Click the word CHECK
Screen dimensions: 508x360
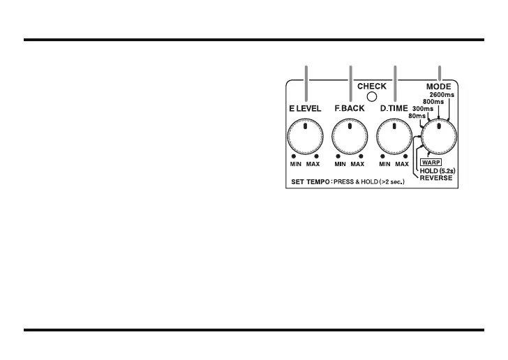pyautogui.click(x=372, y=87)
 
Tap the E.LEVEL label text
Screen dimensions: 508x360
pyautogui.click(x=305, y=109)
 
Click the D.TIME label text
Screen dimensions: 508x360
pyautogui.click(x=394, y=109)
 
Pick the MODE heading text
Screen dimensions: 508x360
pyautogui.click(x=440, y=87)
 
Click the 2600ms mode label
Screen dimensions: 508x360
pyautogui.click(x=442, y=94)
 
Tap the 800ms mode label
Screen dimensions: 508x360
pyautogui.click(x=435, y=102)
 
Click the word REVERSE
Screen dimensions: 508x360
pyautogui.click(x=436, y=178)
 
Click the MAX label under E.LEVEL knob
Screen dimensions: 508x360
pyautogui.click(x=313, y=165)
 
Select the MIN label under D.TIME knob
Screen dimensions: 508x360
pyautogui.click(x=384, y=165)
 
